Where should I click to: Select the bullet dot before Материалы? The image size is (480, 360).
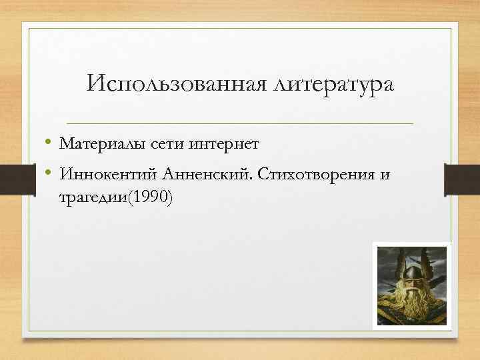coord(50,142)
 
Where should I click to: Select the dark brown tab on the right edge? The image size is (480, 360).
coord(469,174)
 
